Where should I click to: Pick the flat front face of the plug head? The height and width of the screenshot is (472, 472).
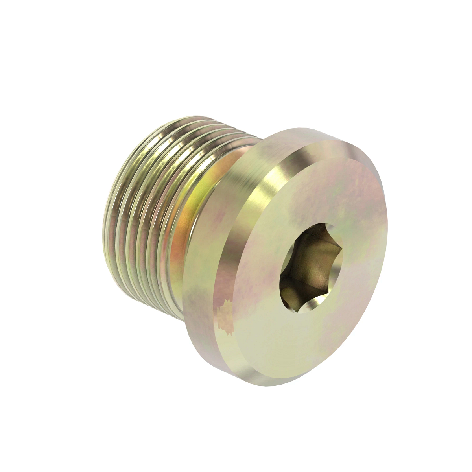(x=315, y=315)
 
